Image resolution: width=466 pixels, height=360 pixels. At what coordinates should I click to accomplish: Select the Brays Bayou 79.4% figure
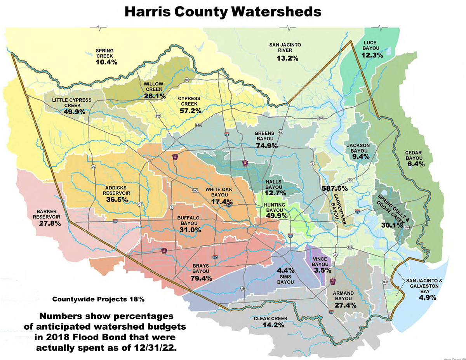(201, 278)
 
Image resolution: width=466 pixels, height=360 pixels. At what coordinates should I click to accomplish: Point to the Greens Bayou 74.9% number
(266, 146)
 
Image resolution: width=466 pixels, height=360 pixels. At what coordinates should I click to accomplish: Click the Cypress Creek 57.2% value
(191, 111)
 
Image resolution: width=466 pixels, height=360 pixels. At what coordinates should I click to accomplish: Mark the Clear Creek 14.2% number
(271, 325)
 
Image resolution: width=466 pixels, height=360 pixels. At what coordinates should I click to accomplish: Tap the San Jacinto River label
(285, 47)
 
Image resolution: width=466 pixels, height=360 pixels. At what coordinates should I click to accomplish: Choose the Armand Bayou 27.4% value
(345, 306)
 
